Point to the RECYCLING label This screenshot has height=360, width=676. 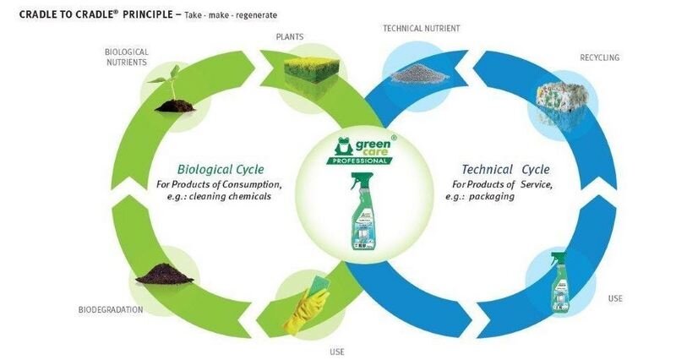pyautogui.click(x=599, y=57)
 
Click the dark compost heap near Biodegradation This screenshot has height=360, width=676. pyautogui.click(x=165, y=272)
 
